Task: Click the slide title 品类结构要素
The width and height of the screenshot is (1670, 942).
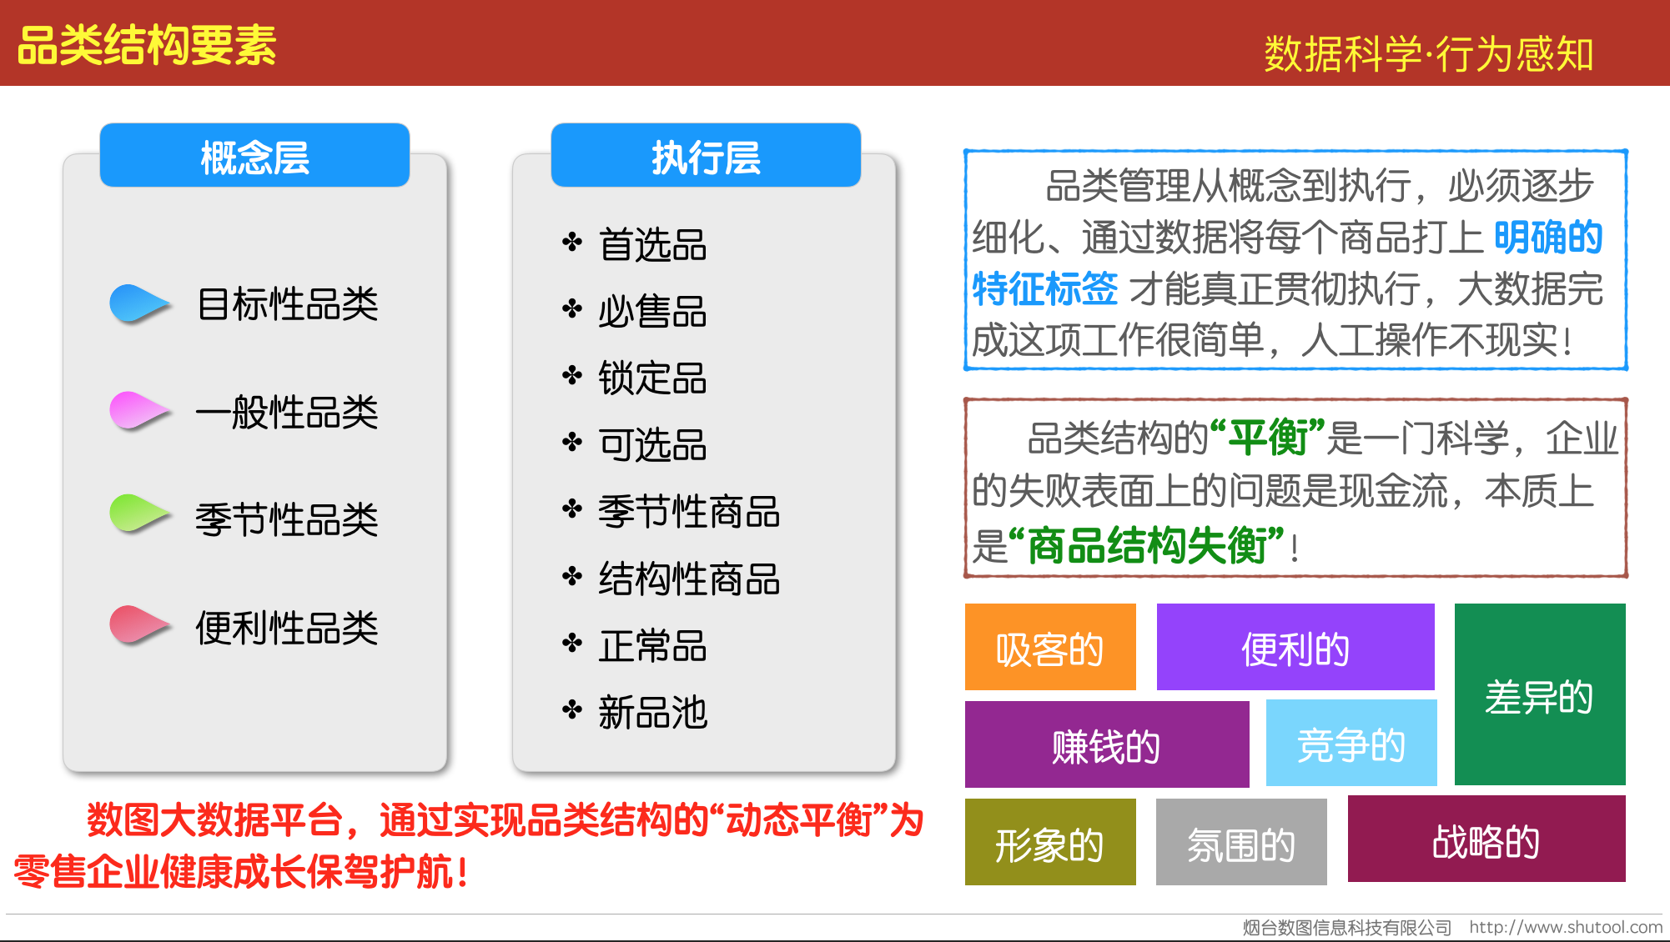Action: point(147,45)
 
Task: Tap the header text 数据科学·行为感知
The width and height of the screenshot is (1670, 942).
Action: point(1429,54)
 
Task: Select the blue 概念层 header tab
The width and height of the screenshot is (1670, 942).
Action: point(254,156)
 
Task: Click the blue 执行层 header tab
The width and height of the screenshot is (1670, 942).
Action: point(706,156)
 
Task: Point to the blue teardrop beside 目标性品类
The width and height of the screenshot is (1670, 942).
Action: point(139,303)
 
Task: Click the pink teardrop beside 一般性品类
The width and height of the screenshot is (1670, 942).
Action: point(139,411)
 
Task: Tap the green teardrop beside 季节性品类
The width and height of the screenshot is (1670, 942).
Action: point(139,514)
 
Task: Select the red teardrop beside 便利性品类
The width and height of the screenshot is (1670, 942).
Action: point(139,625)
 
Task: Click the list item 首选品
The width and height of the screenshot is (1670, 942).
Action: point(652,245)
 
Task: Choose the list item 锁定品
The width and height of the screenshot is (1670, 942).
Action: point(652,378)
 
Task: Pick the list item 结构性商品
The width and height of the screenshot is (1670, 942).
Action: point(689,579)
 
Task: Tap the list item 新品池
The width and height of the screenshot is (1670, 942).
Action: point(652,713)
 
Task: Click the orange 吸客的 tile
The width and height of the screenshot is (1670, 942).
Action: point(1050,647)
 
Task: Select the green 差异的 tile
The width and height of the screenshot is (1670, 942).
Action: point(1540,694)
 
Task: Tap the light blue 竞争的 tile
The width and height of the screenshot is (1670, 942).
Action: point(1351,744)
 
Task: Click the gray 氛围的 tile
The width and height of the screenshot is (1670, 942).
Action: point(1241,842)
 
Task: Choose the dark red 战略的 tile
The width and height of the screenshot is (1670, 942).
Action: point(1486,839)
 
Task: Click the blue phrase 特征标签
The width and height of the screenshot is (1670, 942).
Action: point(1045,288)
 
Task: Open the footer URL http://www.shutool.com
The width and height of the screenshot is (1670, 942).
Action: point(1566,927)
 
